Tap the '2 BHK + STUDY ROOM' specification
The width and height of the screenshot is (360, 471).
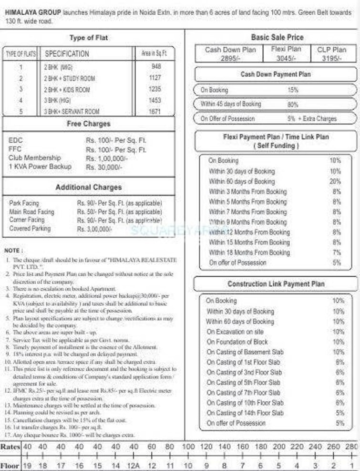pos(69,78)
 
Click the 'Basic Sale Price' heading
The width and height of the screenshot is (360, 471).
pos(277,37)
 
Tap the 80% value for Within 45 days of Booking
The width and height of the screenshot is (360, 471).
pos(293,104)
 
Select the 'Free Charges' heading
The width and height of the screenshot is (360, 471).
pos(88,124)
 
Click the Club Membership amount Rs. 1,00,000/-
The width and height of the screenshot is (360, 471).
pos(107,158)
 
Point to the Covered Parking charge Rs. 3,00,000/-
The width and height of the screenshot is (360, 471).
pos(94,229)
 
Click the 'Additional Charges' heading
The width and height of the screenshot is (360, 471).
pos(88,187)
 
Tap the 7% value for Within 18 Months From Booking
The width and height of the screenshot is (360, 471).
pos(337,252)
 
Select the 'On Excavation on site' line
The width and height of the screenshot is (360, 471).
pos(235,332)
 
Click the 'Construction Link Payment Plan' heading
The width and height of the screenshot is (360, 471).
pos(276,284)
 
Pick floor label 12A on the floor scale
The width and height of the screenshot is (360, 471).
pos(134,465)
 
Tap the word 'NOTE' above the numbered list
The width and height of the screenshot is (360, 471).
pos(13,250)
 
